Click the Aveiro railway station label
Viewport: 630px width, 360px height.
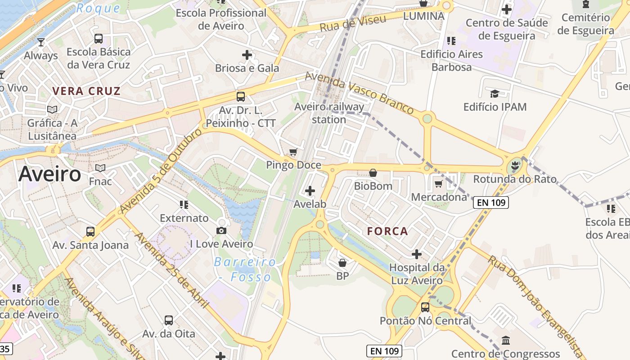(329, 113)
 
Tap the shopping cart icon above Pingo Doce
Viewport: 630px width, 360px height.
(293, 152)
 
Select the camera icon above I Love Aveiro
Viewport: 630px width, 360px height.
(221, 231)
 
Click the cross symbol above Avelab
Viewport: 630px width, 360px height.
(310, 191)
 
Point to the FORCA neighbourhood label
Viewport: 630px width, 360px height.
(387, 231)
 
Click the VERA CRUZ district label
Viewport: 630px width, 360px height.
(86, 91)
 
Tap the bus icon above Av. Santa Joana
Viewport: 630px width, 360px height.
(90, 232)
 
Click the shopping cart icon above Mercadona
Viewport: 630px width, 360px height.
(439, 184)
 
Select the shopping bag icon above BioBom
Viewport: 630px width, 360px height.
(373, 173)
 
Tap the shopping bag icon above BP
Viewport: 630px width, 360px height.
(342, 263)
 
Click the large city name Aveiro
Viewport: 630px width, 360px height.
(49, 174)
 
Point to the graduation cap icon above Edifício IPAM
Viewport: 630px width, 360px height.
(495, 94)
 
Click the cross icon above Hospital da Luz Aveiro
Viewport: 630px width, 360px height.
(417, 254)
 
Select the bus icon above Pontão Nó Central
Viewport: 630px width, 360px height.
(425, 307)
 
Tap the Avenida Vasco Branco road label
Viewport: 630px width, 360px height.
(359, 93)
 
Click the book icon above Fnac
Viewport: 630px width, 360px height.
(100, 168)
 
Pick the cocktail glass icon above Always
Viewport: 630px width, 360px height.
(41, 42)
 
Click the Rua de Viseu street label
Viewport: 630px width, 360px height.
(353, 23)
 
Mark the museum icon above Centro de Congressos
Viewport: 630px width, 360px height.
(505, 340)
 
